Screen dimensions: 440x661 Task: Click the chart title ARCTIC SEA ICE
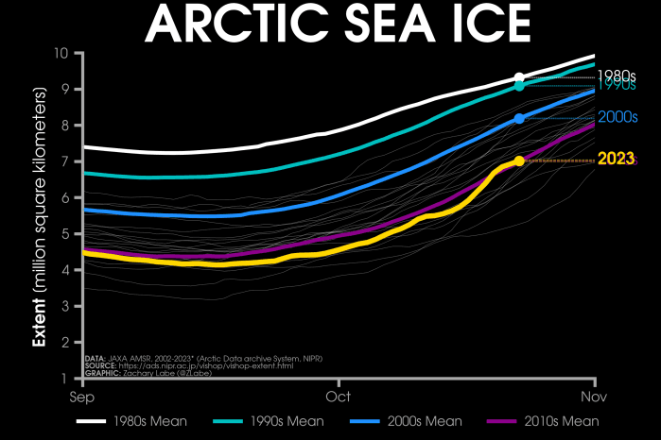pyautogui.click(x=330, y=24)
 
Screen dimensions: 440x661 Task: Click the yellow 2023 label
pyautogui.click(x=616, y=159)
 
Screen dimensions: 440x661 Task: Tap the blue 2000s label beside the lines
pyautogui.click(x=616, y=116)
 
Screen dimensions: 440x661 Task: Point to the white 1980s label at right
pyautogui.click(x=616, y=75)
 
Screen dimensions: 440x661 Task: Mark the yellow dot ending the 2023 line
pyautogui.click(x=519, y=161)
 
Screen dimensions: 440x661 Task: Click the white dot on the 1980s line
pyautogui.click(x=519, y=77)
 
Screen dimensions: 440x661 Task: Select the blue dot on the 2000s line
pyautogui.click(x=519, y=118)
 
